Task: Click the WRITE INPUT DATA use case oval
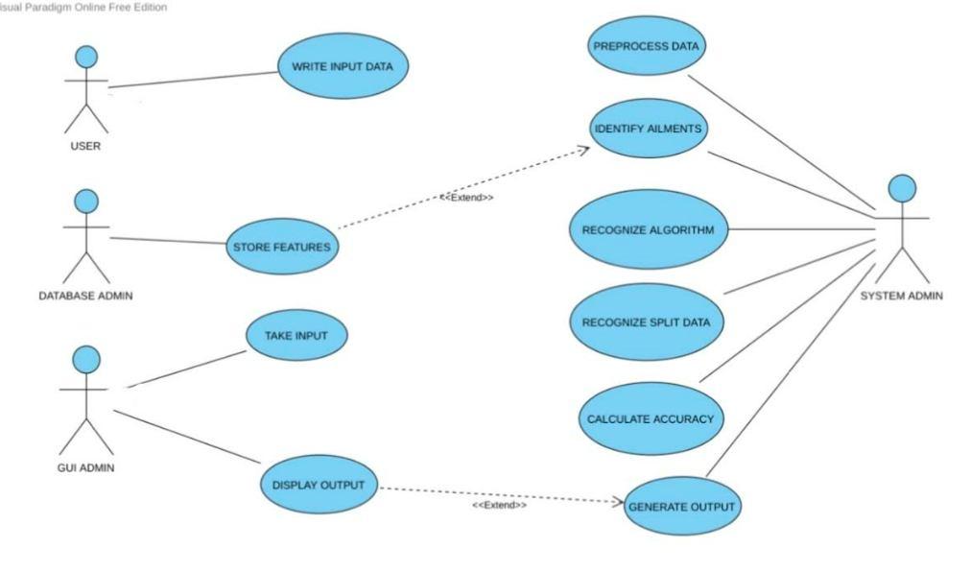[x=343, y=66]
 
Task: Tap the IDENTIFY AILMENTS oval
[x=647, y=128]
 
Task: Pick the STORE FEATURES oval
[x=281, y=247]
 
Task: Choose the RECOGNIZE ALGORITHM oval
[x=648, y=229]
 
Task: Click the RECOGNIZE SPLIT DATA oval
[x=646, y=322]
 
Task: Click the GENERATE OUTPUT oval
[x=681, y=506]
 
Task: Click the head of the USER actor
[x=86, y=57]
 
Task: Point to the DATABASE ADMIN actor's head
[x=86, y=201]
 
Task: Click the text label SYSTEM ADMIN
[x=901, y=295]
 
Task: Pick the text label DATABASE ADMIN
[x=85, y=295]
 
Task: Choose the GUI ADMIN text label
[x=86, y=467]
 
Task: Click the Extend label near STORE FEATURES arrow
[x=466, y=197]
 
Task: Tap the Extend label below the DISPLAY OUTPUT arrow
[x=499, y=505]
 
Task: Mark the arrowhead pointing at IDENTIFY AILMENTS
[x=583, y=149]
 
